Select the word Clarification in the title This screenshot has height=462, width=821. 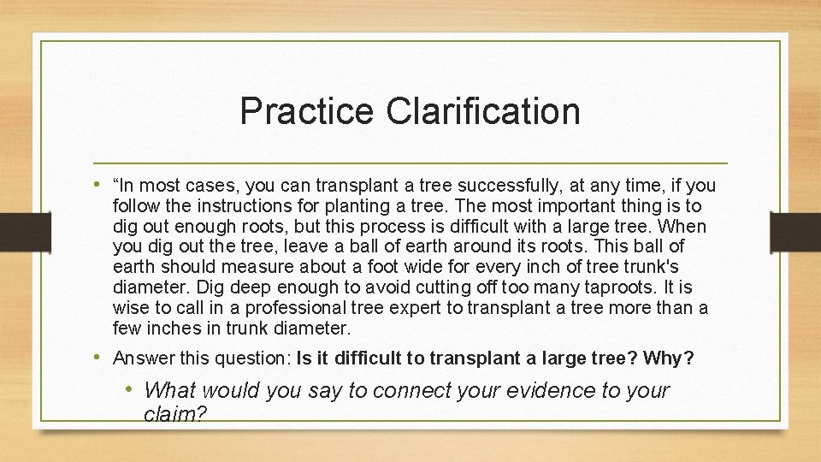coord(483,111)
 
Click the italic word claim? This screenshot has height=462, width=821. coord(176,414)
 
